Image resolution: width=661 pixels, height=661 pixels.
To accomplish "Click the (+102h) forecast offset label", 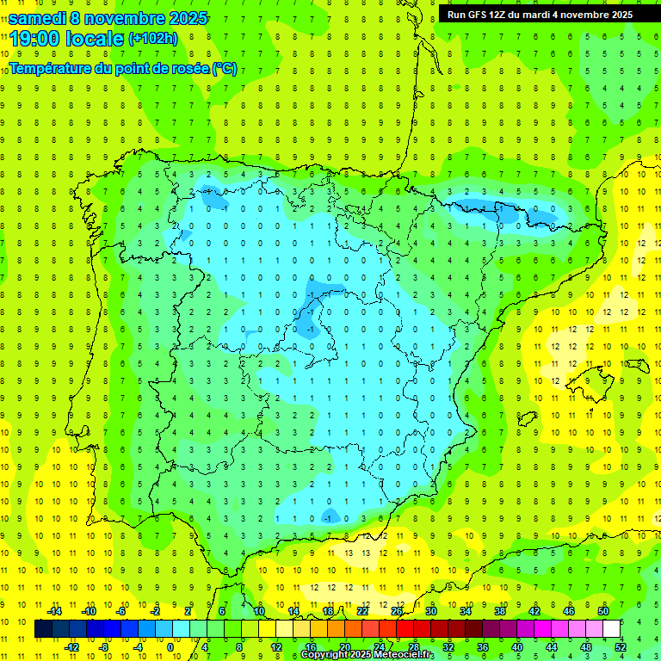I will [x=152, y=39].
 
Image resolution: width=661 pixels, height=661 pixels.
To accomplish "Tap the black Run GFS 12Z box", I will [x=540, y=14].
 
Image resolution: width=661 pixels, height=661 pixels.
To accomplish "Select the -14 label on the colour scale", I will [x=53, y=612].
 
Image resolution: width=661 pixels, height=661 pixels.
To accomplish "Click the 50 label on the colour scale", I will [x=603, y=612].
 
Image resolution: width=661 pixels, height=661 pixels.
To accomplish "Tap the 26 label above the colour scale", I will [x=397, y=612].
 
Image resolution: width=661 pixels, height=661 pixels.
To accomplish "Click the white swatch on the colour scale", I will [x=612, y=629].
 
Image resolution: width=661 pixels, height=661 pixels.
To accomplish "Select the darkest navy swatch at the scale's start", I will [x=43, y=629].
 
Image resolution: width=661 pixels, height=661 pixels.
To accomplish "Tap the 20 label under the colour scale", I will [x=344, y=646].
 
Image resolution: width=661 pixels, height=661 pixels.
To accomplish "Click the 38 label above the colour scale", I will [x=500, y=612].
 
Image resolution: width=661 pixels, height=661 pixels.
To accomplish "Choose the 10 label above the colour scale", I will [x=259, y=612].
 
